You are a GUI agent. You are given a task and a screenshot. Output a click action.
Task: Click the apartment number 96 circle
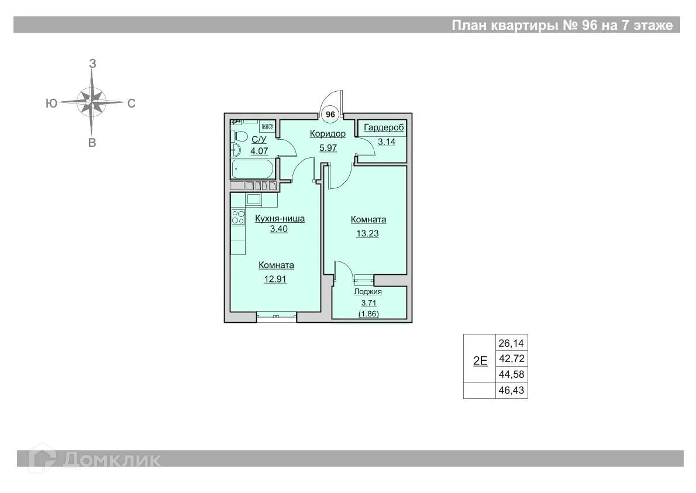(x=330, y=115)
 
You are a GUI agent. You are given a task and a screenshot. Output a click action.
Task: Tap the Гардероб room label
(x=384, y=128)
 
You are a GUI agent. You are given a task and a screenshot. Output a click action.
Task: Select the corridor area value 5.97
(x=328, y=148)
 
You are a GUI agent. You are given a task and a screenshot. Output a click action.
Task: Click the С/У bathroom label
(x=259, y=139)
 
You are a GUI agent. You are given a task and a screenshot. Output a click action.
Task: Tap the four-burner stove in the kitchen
(x=239, y=217)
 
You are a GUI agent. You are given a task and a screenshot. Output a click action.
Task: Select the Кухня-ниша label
(x=280, y=218)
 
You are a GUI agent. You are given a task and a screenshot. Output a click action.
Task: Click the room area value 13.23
(x=367, y=233)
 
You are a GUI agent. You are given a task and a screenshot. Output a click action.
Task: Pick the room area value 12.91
(x=275, y=279)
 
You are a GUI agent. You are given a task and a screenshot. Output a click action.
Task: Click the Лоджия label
(x=368, y=292)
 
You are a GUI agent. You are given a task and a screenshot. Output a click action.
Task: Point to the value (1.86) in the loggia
(x=368, y=313)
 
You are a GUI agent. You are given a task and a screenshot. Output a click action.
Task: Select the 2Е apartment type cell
(x=480, y=360)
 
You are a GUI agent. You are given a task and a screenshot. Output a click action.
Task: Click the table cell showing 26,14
(x=511, y=343)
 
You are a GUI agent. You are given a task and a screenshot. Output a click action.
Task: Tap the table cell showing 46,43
(x=511, y=391)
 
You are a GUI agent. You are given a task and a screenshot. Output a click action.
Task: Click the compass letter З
(x=92, y=64)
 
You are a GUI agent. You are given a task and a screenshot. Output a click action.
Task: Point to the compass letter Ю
(x=51, y=104)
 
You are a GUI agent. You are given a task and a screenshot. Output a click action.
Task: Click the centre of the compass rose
(x=91, y=102)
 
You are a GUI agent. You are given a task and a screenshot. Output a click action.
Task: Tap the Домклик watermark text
(x=112, y=460)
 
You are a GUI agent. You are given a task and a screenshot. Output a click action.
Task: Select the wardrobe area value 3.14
(x=387, y=142)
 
